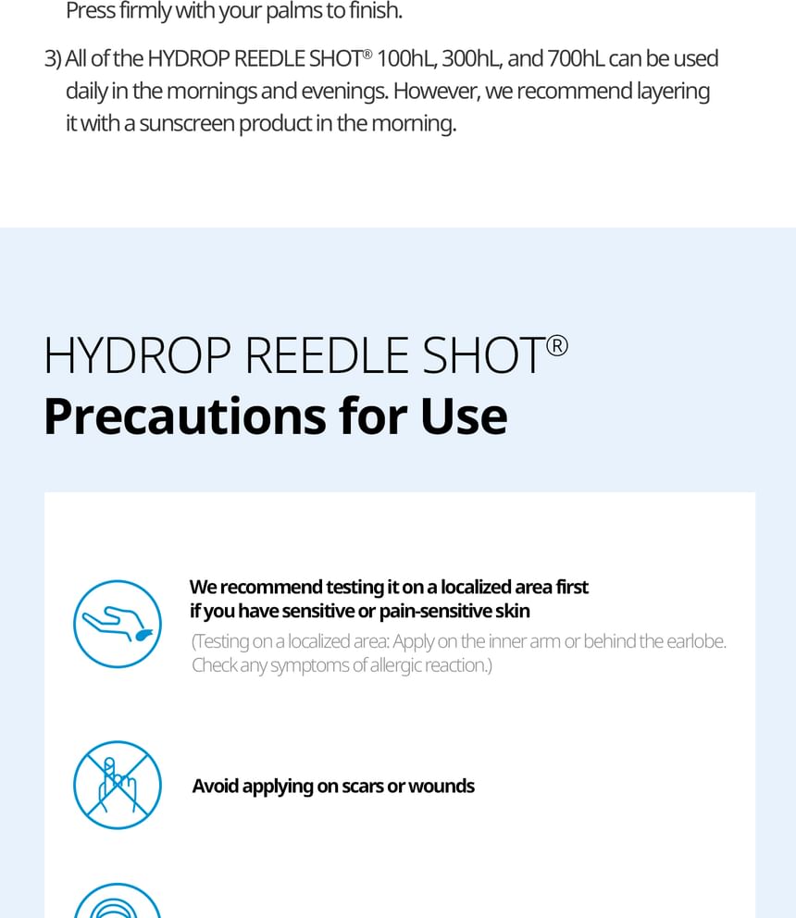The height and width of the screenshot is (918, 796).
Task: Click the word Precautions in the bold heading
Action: [x=185, y=416]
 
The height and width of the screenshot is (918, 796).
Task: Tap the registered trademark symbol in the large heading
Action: [x=557, y=346]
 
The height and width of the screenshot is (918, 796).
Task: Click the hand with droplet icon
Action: [x=118, y=624]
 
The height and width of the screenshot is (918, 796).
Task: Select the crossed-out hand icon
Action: [x=118, y=785]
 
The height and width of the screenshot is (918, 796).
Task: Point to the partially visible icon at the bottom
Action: [x=118, y=900]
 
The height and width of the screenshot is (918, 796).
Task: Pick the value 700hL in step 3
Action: [x=575, y=58]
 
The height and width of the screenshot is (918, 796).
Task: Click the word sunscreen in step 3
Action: [x=187, y=123]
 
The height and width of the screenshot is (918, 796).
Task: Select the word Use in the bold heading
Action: [x=464, y=416]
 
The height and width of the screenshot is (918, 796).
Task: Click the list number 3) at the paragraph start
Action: [x=53, y=59]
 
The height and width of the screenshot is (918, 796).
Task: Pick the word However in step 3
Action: [x=436, y=92]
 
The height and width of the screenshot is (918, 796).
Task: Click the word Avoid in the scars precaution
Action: [x=215, y=786]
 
